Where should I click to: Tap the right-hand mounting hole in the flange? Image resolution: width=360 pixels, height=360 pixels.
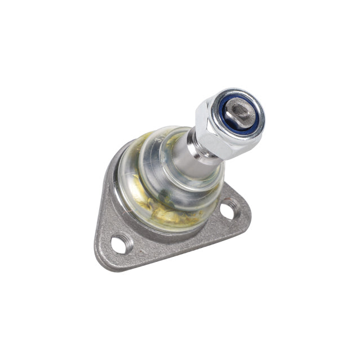click(227, 211)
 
